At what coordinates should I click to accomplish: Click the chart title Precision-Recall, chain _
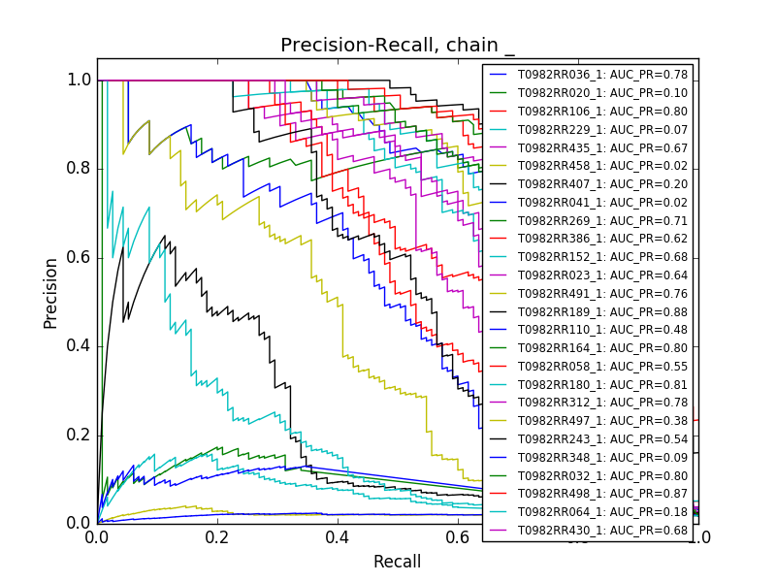coord(398,46)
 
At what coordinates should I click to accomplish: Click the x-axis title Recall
coord(398,562)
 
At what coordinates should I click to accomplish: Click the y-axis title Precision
coord(50,292)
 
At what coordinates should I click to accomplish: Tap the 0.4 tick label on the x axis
coord(338,535)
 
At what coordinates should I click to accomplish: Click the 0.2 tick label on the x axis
coord(217,535)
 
